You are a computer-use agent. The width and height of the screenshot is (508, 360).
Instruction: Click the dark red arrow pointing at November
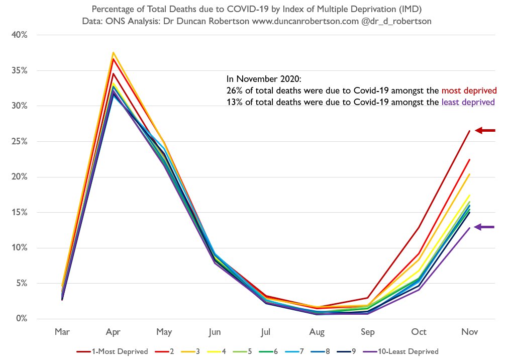[x=485, y=131]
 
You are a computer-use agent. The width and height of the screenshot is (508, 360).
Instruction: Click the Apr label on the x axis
[x=113, y=332]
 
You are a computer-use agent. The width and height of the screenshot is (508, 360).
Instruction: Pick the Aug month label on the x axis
[x=317, y=332]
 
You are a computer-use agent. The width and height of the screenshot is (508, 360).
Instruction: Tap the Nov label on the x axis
[x=470, y=332]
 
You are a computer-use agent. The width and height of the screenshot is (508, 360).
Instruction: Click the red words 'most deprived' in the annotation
[x=469, y=91]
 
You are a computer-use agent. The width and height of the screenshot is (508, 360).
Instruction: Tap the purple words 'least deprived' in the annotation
[x=468, y=102]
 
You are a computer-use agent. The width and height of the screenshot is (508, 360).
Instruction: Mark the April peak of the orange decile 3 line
[x=114, y=52]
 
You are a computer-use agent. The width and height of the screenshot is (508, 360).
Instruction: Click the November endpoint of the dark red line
[x=469, y=131]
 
